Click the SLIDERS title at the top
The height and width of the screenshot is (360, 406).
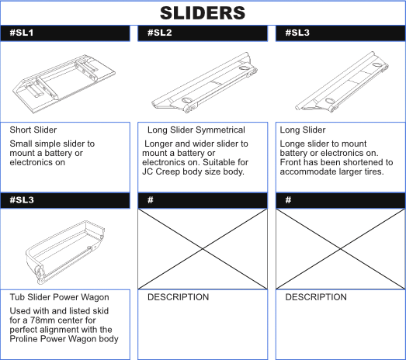(203, 13)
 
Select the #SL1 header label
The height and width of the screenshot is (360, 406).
(22, 33)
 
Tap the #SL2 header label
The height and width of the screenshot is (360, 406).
(159, 33)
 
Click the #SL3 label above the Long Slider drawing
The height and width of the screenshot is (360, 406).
(297, 33)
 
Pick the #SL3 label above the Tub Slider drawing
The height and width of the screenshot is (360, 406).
(22, 200)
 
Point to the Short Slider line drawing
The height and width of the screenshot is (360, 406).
(64, 83)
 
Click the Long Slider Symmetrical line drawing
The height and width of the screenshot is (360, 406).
(205, 83)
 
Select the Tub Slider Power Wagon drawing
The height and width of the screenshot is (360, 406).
(65, 252)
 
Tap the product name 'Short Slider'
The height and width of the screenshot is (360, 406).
(33, 130)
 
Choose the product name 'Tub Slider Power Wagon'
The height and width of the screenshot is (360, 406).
(59, 297)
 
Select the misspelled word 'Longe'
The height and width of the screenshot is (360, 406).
(292, 144)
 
